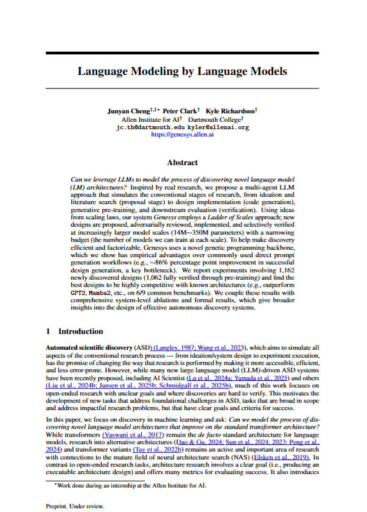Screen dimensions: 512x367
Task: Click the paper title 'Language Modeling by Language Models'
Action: [183, 71]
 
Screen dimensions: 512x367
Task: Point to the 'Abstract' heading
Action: [183, 163]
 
